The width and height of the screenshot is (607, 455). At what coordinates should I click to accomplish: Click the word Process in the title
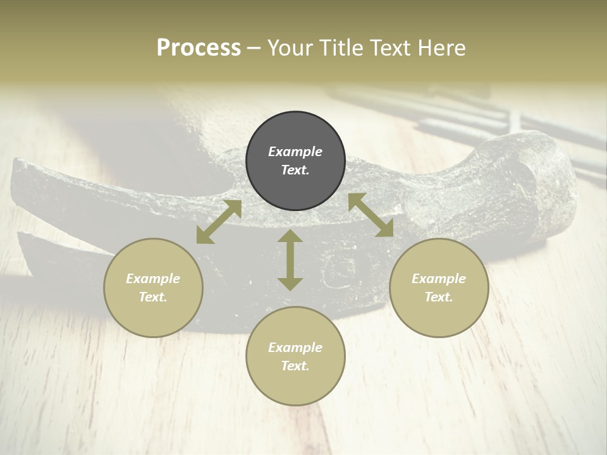[x=199, y=48]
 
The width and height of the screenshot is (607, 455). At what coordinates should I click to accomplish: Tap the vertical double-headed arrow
[x=290, y=260]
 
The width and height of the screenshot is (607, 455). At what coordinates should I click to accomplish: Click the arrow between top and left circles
[x=219, y=222]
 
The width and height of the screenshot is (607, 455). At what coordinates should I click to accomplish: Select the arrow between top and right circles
[x=371, y=215]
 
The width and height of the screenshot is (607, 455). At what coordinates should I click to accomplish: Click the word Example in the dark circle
[x=295, y=152]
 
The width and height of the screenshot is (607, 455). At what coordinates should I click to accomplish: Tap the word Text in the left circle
[x=153, y=297]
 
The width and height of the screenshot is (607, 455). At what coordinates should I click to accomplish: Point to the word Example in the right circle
[x=439, y=279]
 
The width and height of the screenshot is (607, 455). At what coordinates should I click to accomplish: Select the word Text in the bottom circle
[x=295, y=366]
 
